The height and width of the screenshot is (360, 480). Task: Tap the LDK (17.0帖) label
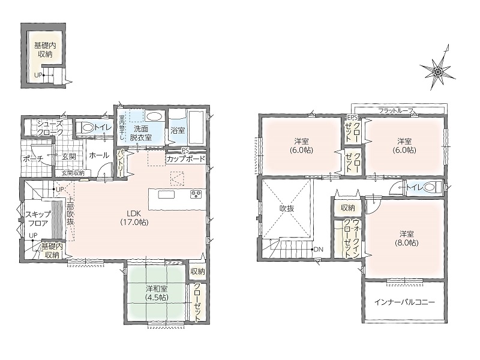[x=134, y=217]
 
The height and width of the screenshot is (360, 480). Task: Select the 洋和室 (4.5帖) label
[x=157, y=293]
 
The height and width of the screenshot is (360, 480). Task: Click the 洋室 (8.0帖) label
[x=407, y=238]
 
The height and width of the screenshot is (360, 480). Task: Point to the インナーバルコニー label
[x=404, y=302]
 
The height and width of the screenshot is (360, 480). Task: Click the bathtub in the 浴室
[x=197, y=127]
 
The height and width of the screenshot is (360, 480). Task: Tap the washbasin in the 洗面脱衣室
[x=154, y=116]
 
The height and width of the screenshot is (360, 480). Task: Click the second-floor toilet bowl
[x=431, y=187]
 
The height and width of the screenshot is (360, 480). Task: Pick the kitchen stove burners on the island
[x=196, y=194]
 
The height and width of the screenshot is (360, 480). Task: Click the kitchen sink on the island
[x=166, y=194]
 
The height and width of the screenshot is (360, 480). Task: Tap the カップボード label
[x=185, y=159]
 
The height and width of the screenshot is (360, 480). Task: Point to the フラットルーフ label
[x=397, y=110]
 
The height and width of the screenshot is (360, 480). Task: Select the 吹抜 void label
[x=287, y=208]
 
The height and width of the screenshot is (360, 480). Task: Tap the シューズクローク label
[x=50, y=128]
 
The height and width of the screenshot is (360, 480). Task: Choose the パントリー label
[x=121, y=163]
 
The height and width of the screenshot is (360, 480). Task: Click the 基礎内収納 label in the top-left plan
[x=45, y=50]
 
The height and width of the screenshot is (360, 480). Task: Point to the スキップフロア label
[x=38, y=218]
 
